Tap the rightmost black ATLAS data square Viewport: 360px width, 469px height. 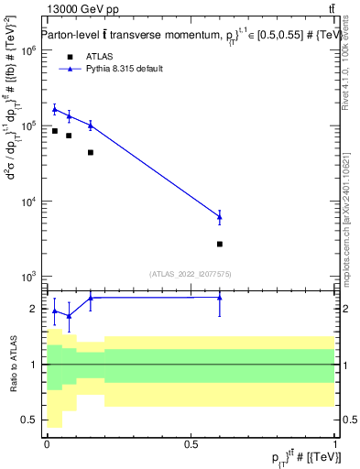220,244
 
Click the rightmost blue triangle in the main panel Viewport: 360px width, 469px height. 220,217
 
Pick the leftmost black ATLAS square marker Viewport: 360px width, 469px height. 55,131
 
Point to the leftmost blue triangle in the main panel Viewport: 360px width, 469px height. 55,109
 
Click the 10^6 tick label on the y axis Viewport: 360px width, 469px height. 27,51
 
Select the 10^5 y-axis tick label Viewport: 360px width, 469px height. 27,126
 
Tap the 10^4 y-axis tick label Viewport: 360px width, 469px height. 27,202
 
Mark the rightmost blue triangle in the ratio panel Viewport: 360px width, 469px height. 220,297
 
